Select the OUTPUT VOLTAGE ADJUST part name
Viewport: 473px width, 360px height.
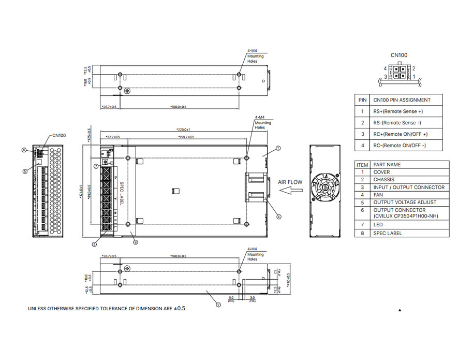(x=405, y=202)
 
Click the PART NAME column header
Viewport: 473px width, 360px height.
(x=387, y=165)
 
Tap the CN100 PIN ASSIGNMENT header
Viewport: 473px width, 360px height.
(x=402, y=100)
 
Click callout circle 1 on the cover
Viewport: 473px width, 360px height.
(x=278, y=148)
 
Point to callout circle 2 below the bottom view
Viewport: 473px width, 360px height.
(x=218, y=305)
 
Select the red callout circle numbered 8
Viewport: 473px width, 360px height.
(x=135, y=241)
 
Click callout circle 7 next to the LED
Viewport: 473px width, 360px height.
(x=96, y=166)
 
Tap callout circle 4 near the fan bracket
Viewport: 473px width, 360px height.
(x=278, y=217)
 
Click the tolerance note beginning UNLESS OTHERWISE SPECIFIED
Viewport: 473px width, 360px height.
(x=106, y=309)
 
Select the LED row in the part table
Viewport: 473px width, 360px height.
(x=378, y=225)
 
